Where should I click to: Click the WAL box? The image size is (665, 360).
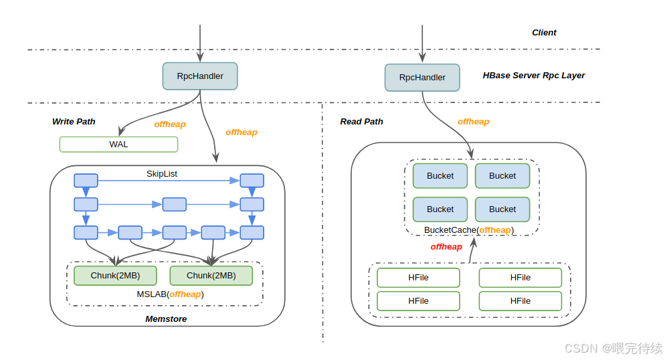pos(119,144)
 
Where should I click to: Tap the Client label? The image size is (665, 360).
pos(544,33)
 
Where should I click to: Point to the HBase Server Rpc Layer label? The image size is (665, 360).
pos(533,76)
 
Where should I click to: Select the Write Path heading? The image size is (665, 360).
pos(74,122)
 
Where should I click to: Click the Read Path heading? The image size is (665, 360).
pos(361,122)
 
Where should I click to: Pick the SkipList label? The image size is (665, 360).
pos(162,174)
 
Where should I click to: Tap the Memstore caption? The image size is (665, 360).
pos(166,319)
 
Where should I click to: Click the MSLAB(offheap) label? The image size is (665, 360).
pos(170,294)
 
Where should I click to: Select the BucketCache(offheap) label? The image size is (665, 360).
pos(468,230)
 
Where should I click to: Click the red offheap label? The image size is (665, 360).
pos(446,247)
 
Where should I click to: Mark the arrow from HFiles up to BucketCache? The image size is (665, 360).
pos(472,250)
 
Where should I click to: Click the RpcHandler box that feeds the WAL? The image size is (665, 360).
pos(200,76)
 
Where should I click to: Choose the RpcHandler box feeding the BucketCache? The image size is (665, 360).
pos(422,78)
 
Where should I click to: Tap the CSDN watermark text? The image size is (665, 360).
pos(613,348)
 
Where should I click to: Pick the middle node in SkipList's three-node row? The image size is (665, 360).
pos(175,204)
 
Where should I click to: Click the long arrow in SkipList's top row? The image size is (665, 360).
pos(169,181)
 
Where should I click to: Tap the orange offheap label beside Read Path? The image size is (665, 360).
pos(473,122)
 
